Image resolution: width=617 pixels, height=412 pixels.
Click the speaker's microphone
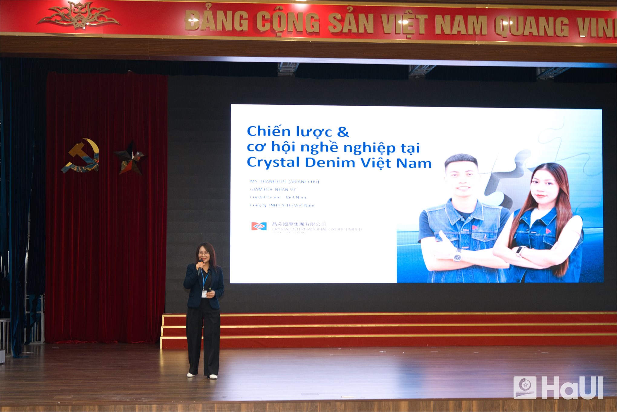click(x=200, y=264)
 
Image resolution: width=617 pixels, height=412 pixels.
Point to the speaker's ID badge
click(x=205, y=294)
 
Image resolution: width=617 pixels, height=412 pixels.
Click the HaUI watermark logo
click(x=558, y=387)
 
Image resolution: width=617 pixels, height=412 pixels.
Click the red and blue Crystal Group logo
click(x=259, y=226)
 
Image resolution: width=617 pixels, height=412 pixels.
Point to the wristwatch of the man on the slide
click(x=457, y=257)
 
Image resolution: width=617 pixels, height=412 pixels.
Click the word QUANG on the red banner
click(x=532, y=26)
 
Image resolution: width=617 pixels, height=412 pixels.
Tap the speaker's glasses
click(x=203, y=253)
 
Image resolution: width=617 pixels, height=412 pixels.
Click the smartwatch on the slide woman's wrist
click(x=521, y=251)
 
